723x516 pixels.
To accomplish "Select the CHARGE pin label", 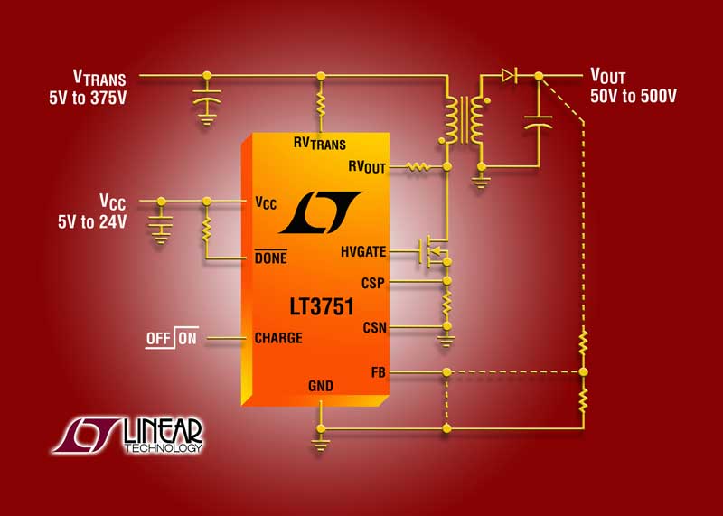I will (278, 339).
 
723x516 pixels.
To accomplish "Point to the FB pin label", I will (378, 371).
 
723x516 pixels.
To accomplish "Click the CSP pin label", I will (372, 283).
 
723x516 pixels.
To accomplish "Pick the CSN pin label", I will (373, 326).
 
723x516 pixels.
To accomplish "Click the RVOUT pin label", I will (366, 166).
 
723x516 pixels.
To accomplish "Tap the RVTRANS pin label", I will (319, 143).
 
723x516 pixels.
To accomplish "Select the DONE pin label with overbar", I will (270, 258).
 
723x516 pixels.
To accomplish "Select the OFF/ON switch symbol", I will (172, 339).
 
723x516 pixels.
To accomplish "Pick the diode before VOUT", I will (508, 75).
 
